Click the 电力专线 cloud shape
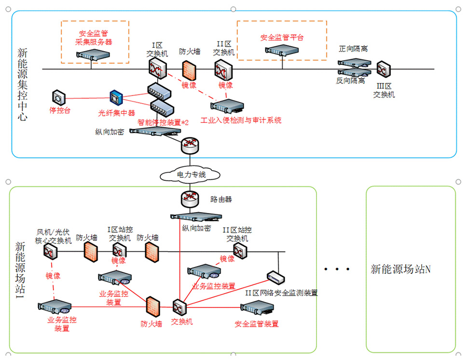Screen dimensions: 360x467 click(190, 174)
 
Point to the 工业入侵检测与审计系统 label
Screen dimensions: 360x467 click(241, 120)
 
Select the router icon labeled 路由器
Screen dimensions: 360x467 click(190, 198)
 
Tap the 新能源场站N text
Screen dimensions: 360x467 click(400, 269)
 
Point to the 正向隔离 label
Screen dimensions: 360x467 click(353, 49)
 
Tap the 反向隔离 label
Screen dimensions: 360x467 click(351, 81)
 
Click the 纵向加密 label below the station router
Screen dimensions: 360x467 click(196, 228)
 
